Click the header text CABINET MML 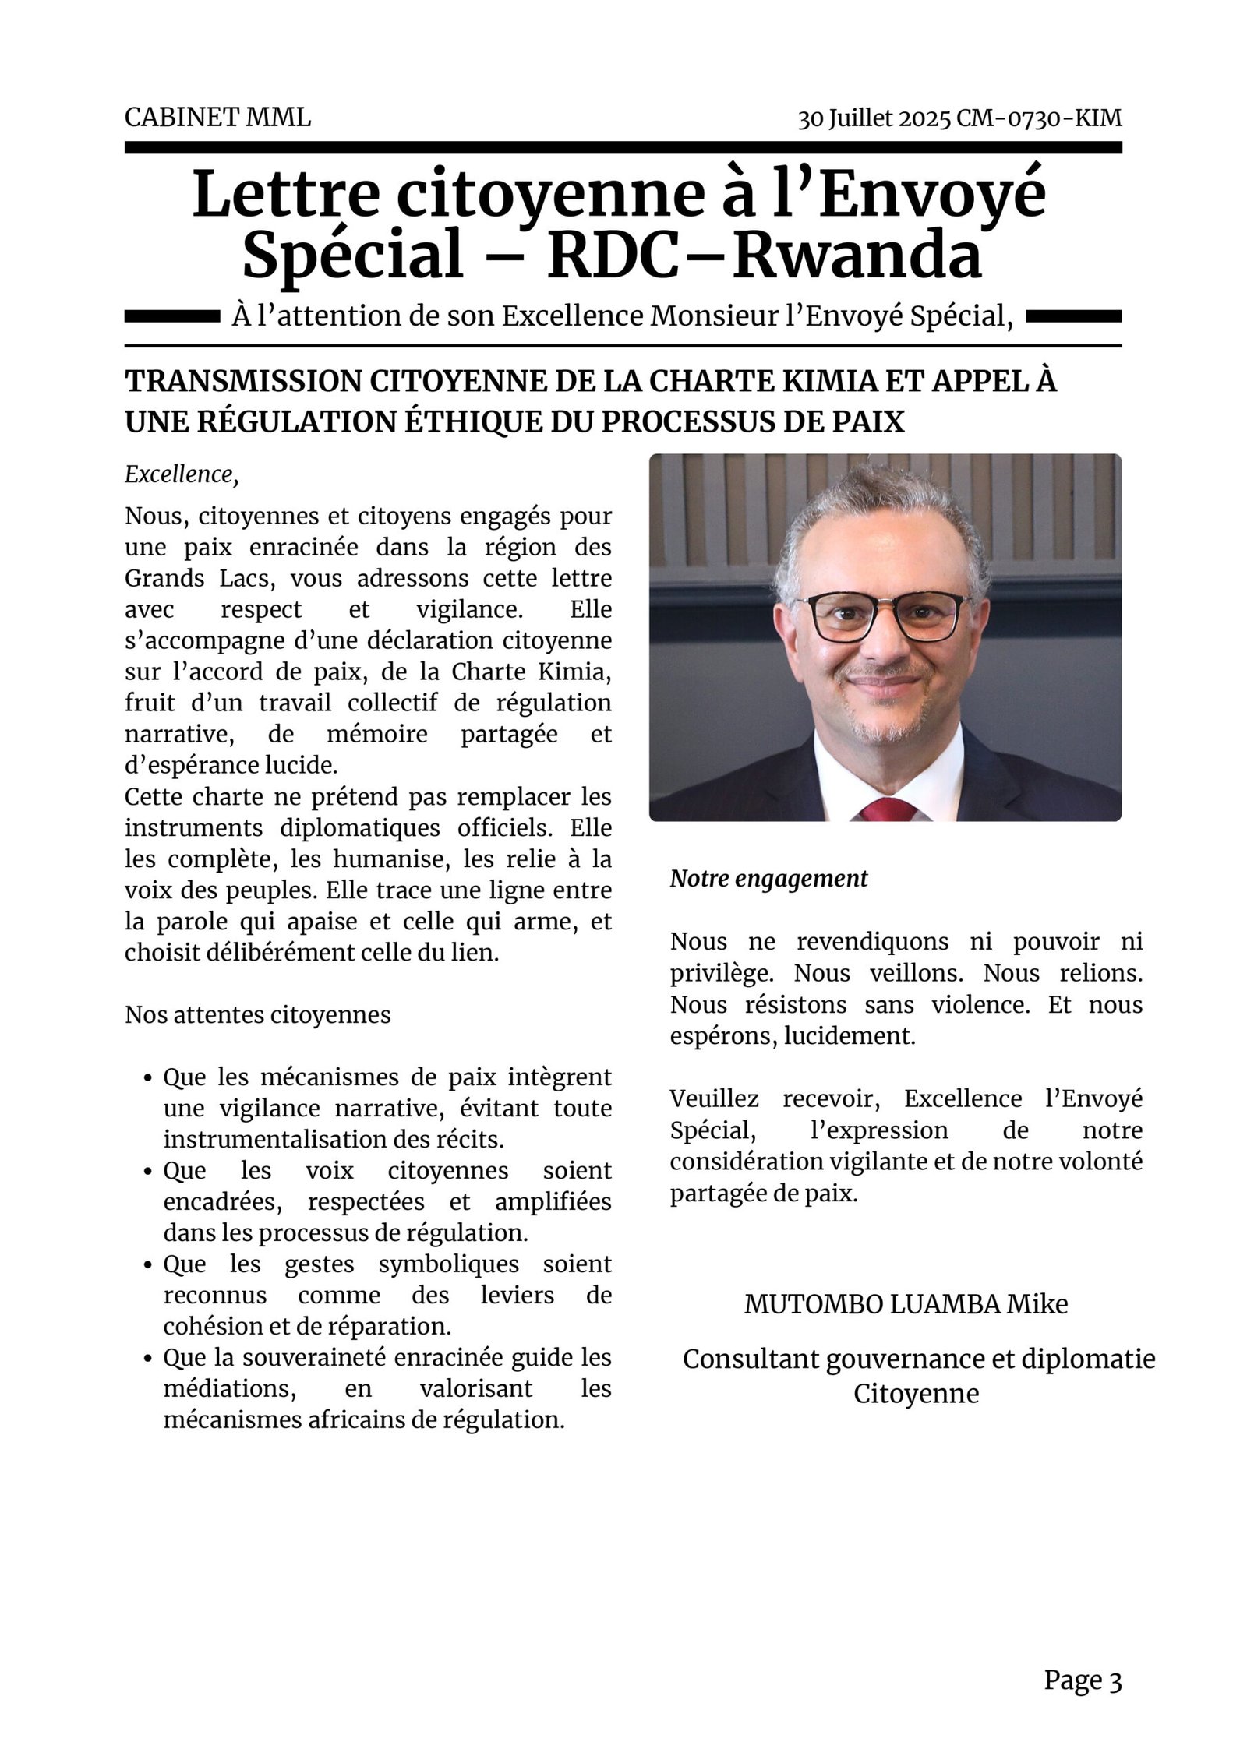click(x=217, y=118)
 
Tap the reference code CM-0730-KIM click(x=1039, y=118)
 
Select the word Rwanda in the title click(x=857, y=257)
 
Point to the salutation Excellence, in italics click(x=182, y=474)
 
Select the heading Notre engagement click(x=768, y=879)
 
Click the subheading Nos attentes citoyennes click(x=258, y=1015)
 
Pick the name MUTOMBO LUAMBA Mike click(x=906, y=1304)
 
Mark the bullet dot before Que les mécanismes click(x=147, y=1079)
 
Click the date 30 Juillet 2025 click(x=874, y=118)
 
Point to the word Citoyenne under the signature click(x=916, y=1394)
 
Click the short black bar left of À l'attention click(x=171, y=316)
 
